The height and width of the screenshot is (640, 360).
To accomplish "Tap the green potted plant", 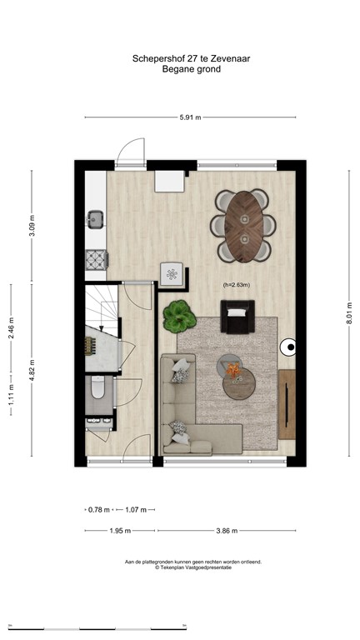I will [177, 314].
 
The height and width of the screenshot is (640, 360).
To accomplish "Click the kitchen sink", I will [94, 220].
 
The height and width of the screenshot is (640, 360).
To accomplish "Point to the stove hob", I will [95, 259].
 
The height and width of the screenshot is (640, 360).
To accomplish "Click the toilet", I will [97, 388].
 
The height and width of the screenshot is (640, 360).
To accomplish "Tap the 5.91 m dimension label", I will [190, 118].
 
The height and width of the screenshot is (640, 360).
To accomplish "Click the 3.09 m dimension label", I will [32, 226].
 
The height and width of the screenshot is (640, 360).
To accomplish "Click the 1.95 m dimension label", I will [121, 531].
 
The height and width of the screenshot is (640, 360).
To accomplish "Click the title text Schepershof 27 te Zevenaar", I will [180, 58].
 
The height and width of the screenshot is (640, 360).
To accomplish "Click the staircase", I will [102, 308].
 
